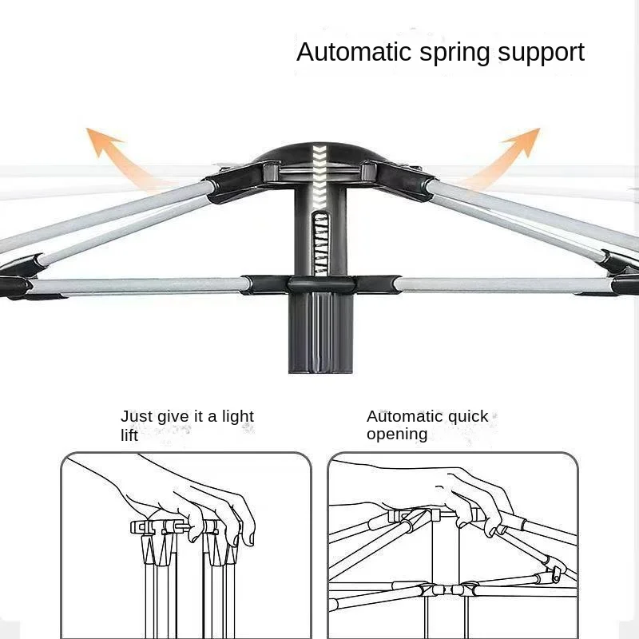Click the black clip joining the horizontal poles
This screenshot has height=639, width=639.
[319, 284]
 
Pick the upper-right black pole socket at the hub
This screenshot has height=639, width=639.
[396, 177]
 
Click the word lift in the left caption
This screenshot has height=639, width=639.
[129, 435]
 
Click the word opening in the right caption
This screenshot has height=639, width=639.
[397, 435]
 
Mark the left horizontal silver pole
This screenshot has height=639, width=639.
[136, 285]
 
